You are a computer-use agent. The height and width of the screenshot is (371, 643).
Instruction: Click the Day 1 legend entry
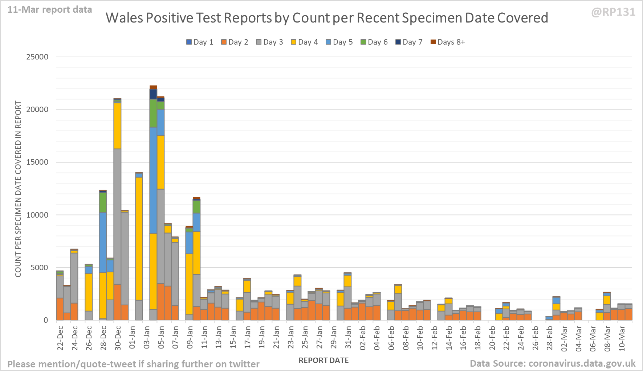[x=200, y=42]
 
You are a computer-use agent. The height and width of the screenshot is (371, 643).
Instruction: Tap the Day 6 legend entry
[x=374, y=42]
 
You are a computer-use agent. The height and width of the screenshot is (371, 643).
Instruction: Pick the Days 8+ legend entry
[x=447, y=42]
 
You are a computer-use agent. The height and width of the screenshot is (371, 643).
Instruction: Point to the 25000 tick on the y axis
[x=37, y=57]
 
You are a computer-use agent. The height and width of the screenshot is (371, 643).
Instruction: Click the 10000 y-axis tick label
[x=37, y=215]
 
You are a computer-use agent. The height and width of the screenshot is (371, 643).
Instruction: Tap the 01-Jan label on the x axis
[x=132, y=337]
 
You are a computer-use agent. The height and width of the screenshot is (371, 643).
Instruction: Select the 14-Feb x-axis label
[x=449, y=337]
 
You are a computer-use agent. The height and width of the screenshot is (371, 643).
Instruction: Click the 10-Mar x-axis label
[x=622, y=337]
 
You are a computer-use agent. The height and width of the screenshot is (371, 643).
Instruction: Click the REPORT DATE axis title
[x=323, y=360]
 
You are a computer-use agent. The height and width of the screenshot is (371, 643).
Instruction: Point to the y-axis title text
[x=18, y=189]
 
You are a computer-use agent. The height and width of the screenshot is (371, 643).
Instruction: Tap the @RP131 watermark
[x=613, y=12]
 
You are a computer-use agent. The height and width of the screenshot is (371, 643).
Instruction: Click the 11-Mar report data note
[x=50, y=9]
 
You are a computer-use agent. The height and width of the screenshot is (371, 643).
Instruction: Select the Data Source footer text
[x=553, y=363]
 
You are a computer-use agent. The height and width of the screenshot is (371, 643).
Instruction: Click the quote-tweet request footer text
[x=133, y=364]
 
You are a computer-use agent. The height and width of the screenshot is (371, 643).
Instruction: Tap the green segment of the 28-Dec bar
[x=103, y=202]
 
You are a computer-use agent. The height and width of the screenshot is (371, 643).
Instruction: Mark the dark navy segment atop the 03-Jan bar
[x=153, y=94]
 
